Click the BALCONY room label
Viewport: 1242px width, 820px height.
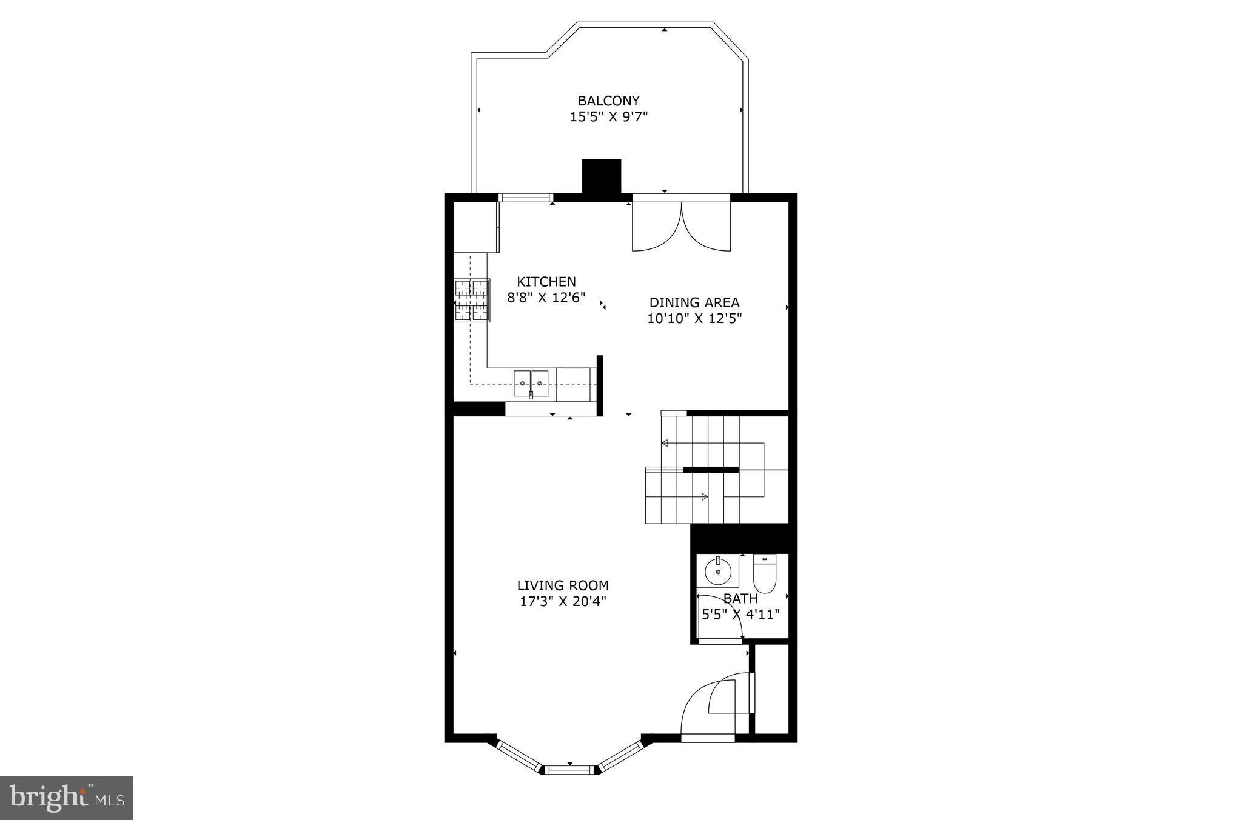608,101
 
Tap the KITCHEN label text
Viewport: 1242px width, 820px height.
546,282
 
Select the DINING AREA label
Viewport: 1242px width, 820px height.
694,302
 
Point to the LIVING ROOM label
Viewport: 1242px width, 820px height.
563,585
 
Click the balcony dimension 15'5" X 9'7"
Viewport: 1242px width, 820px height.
609,116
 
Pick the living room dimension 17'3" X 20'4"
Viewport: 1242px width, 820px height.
563,601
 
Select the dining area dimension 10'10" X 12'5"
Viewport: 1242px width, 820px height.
694,318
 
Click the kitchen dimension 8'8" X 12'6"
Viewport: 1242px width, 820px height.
546,298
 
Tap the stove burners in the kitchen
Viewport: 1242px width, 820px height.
472,300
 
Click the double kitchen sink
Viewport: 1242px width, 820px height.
531,383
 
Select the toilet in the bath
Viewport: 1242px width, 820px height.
764,573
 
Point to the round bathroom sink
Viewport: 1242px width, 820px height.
717,570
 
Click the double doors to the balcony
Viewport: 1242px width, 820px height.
681,225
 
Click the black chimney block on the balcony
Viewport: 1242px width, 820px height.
602,176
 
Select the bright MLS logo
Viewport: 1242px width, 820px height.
67,798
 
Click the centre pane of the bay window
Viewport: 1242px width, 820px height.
569,770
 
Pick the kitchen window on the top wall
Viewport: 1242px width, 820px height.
525,197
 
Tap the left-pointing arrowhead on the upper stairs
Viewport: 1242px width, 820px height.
665,443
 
